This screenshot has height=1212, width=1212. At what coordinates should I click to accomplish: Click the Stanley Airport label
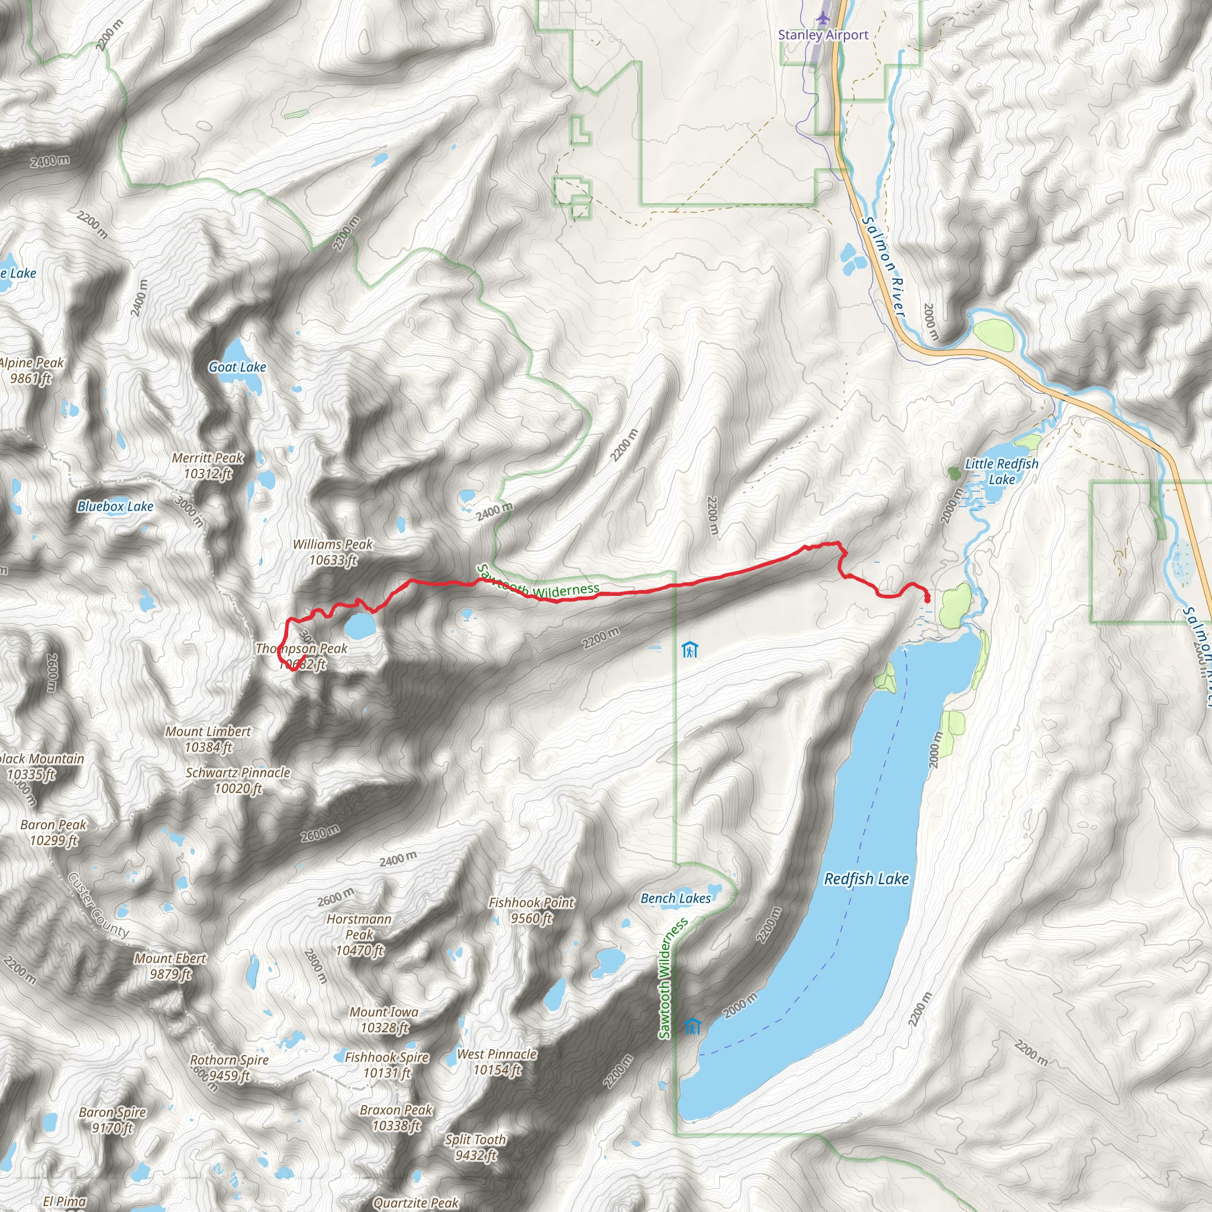(x=823, y=35)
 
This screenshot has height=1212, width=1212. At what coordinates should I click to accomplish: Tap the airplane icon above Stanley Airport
(x=823, y=18)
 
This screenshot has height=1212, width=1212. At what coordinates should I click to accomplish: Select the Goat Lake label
(x=237, y=367)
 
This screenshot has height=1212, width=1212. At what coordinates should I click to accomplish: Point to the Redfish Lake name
(x=866, y=879)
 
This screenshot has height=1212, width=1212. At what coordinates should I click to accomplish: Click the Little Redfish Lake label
(x=1001, y=471)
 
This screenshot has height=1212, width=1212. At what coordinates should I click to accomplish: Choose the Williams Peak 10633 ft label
(x=333, y=552)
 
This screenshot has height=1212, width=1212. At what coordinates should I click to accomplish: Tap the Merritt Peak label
(x=208, y=466)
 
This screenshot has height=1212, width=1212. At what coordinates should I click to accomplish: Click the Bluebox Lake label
(x=115, y=506)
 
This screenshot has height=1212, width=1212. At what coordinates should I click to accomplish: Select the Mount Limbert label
(x=208, y=739)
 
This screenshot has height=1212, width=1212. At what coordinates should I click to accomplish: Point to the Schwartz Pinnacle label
(x=238, y=781)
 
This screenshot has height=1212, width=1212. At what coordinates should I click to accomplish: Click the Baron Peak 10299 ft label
(x=53, y=833)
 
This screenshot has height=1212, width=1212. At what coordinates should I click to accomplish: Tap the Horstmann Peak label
(x=359, y=934)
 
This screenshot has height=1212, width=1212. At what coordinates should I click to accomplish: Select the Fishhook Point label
(x=531, y=910)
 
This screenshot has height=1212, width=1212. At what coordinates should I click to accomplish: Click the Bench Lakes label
(x=676, y=898)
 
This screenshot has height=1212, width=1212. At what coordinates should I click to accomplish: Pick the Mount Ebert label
(x=170, y=966)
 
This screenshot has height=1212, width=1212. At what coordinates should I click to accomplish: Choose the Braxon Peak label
(x=396, y=1118)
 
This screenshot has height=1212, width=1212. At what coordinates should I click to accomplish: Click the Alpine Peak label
(x=31, y=370)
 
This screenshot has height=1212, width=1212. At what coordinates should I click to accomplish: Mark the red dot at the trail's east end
(x=927, y=600)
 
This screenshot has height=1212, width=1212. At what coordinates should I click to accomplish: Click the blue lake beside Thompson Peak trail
(x=359, y=626)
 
